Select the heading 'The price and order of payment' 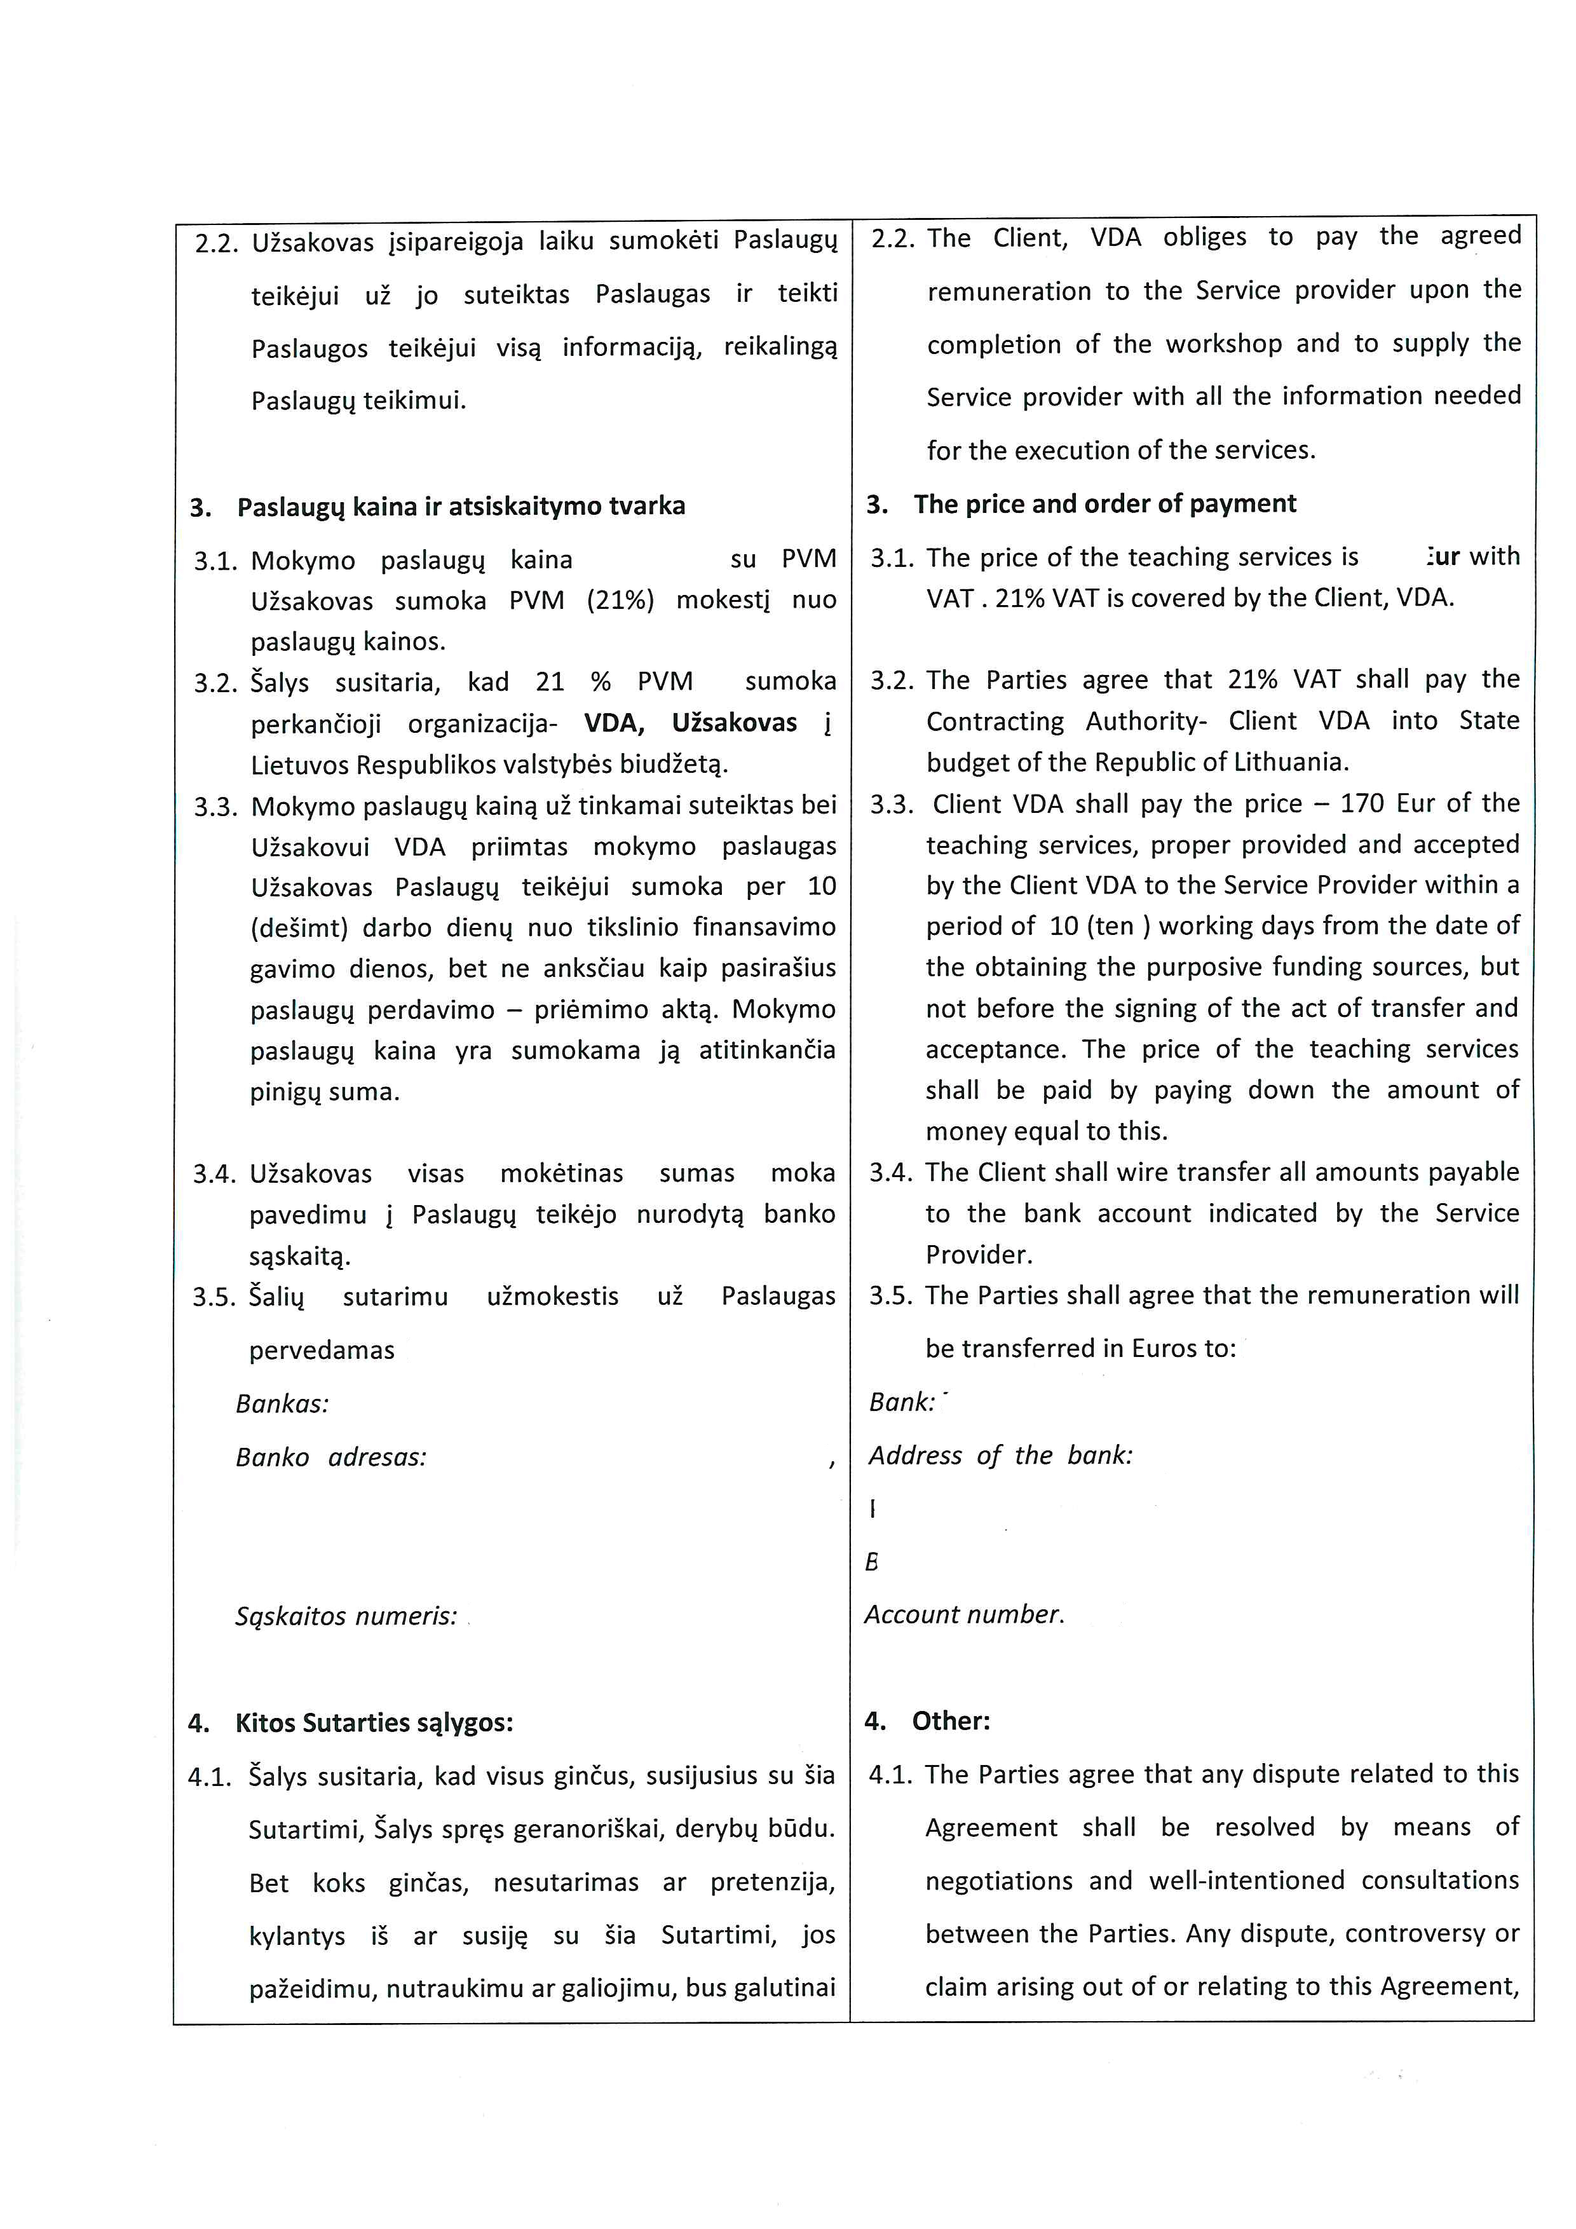click(1104, 504)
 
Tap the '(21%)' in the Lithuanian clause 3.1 click(620, 600)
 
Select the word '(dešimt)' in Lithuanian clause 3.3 click(299, 928)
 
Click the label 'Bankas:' click(282, 1404)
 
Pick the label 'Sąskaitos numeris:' click(346, 1616)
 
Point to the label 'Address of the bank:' click(1000, 1455)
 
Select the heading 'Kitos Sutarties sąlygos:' click(374, 1723)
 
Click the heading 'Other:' click(951, 1721)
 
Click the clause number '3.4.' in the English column click(891, 1173)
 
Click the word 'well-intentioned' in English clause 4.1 click(1247, 1881)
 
